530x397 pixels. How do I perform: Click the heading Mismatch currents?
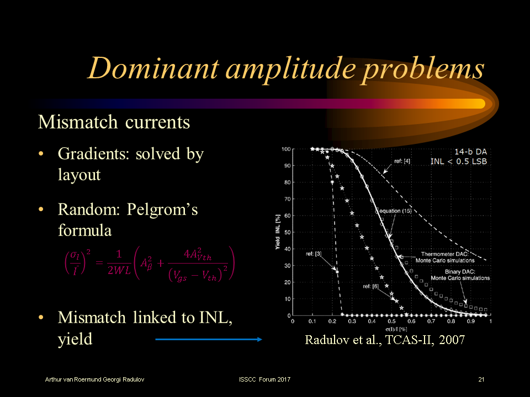(114, 122)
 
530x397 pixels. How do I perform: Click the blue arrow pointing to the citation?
(209, 340)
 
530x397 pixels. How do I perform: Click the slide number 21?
(481, 379)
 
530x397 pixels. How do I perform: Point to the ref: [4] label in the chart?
(402, 162)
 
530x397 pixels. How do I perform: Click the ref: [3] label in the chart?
(315, 254)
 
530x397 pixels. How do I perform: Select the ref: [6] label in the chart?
(370, 287)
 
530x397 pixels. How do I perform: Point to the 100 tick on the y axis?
(286, 149)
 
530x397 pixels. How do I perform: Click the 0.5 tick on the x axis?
(391, 321)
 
